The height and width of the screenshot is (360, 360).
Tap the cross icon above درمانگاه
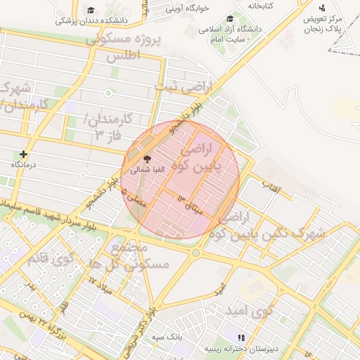pos(25,154)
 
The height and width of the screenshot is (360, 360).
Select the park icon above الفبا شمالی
pos(147,159)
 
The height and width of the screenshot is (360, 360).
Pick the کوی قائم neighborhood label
pos(51,257)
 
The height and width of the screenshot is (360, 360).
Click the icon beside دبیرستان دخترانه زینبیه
pos(243,337)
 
